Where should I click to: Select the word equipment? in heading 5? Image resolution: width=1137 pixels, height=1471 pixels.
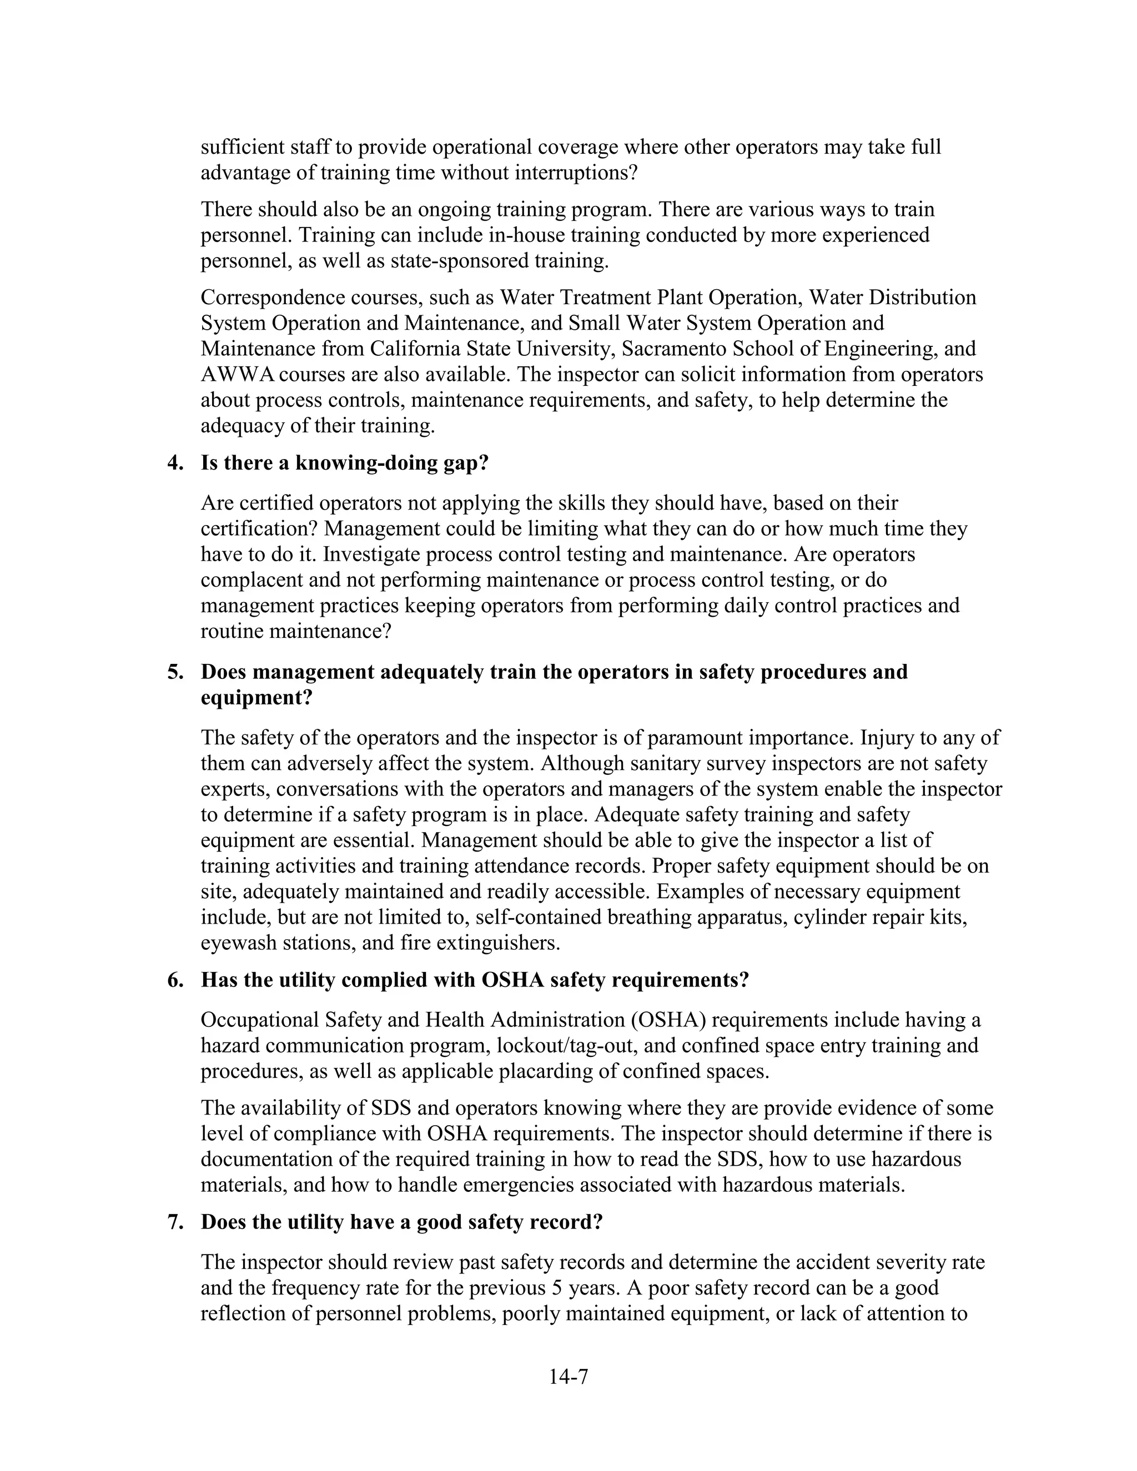pyautogui.click(x=256, y=698)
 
